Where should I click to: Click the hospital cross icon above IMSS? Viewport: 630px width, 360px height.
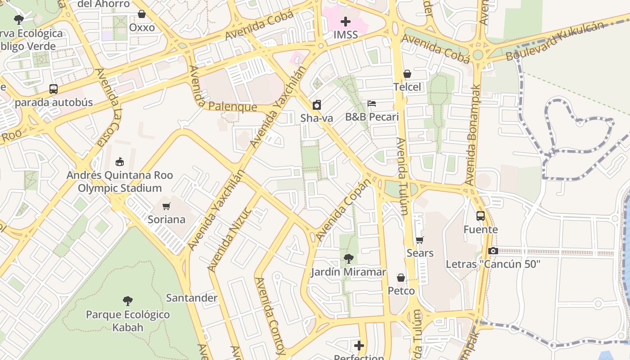pyautogui.click(x=346, y=21)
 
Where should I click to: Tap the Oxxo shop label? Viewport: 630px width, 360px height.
pyautogui.click(x=142, y=27)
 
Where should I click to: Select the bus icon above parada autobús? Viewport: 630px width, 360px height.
pyautogui.click(x=54, y=89)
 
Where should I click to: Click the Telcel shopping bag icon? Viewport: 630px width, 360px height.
pyautogui.click(x=407, y=74)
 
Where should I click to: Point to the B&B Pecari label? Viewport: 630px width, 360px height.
pyautogui.click(x=372, y=117)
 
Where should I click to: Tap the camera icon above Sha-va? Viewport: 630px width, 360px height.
pyautogui.click(x=317, y=105)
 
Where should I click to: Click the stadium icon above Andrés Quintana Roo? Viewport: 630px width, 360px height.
pyautogui.click(x=120, y=162)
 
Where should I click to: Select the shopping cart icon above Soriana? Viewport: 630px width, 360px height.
pyautogui.click(x=166, y=206)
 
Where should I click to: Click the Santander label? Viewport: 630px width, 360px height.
pyautogui.click(x=192, y=298)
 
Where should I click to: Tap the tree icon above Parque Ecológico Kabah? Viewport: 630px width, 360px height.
pyautogui.click(x=128, y=301)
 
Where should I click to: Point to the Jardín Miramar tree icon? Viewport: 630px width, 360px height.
pyautogui.click(x=348, y=259)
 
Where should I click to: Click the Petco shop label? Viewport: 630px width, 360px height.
pyautogui.click(x=401, y=291)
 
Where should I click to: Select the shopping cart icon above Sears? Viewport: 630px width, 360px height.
pyautogui.click(x=420, y=240)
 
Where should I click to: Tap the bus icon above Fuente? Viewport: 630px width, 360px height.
pyautogui.click(x=481, y=216)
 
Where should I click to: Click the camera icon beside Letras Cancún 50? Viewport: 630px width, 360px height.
pyautogui.click(x=493, y=251)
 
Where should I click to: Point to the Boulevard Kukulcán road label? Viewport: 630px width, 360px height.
pyautogui.click(x=554, y=41)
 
